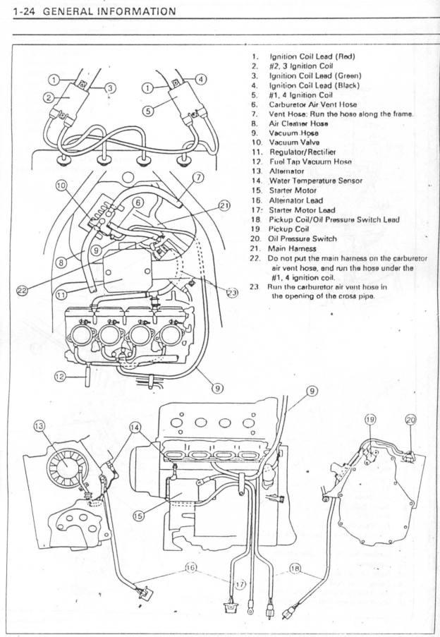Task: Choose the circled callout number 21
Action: coord(224,205)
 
